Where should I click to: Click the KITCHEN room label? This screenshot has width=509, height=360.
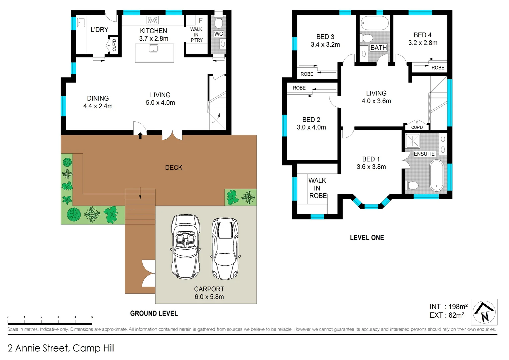tap(154, 31)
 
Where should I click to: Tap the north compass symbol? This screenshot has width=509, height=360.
tap(484, 312)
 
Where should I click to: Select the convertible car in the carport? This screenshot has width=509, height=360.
tap(186, 247)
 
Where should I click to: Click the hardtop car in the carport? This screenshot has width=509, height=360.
tap(225, 249)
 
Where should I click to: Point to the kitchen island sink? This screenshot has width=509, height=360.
tap(153, 49)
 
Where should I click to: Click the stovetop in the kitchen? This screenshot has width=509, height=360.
tap(153, 20)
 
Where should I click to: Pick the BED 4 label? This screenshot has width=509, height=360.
tap(422, 35)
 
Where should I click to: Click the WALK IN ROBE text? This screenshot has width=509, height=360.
tap(317, 188)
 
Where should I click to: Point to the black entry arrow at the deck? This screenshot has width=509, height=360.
tap(140, 135)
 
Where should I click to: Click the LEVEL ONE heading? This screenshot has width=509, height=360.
tap(367, 238)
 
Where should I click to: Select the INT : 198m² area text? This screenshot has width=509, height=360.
tap(448, 306)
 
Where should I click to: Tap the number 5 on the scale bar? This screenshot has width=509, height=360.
tap(92, 317)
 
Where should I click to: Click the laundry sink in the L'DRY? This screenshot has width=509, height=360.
tap(81, 23)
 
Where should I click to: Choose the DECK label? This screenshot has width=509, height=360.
tap(174, 168)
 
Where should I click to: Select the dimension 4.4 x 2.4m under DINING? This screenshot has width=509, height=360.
tap(98, 106)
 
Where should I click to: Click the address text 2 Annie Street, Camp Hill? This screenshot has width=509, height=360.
tap(61, 348)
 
